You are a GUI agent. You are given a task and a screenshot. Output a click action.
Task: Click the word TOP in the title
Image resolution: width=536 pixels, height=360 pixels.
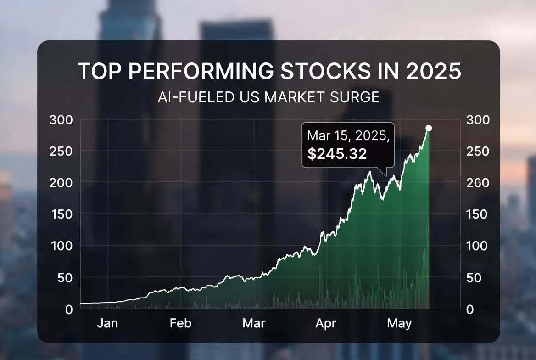pos(99,72)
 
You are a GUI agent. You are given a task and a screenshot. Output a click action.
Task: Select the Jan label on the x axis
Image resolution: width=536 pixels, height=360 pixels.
pos(107,323)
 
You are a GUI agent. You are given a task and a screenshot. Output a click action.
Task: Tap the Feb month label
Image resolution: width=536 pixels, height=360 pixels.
pos(180,323)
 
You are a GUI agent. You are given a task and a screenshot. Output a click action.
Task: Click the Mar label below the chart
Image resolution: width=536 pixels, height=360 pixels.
pos(254,323)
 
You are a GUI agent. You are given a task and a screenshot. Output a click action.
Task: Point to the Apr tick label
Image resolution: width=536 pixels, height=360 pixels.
pos(326,323)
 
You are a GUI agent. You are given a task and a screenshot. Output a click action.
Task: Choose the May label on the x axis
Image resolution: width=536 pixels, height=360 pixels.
pos(399,323)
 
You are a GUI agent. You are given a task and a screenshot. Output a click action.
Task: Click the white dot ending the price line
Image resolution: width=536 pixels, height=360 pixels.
pos(429,128)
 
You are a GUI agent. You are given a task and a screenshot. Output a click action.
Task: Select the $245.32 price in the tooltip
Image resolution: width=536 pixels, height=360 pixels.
pos(337,154)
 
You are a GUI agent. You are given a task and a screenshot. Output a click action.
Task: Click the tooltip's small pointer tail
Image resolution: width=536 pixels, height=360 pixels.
pos(384,172)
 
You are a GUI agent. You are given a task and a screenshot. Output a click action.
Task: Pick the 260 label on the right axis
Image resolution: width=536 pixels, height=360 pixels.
pos(478,183)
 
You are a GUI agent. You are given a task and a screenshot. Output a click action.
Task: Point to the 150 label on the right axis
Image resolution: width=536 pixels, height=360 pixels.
pos(478,214)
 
